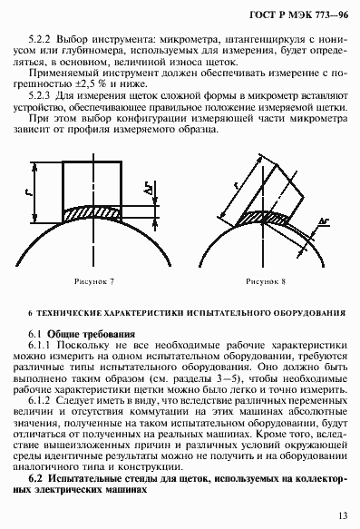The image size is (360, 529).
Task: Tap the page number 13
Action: point(342,516)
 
